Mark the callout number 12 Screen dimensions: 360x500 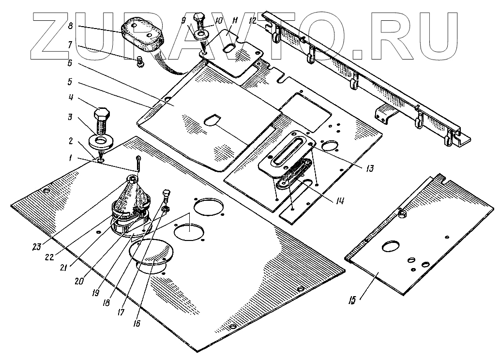pos(252,21)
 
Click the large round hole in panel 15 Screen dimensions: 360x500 pos(389,247)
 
